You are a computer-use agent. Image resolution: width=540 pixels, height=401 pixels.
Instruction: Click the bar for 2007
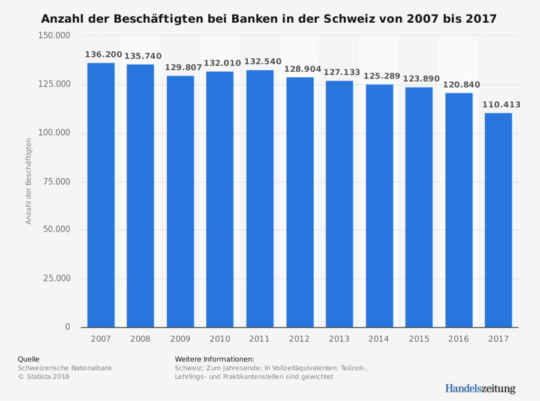100,195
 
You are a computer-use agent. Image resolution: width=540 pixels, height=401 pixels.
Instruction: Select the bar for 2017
499,220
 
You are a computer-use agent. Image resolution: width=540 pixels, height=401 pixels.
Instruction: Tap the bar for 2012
299,202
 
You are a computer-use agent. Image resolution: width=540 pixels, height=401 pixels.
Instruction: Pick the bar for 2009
180,201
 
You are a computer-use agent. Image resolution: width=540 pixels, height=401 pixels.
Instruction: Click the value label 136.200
103,55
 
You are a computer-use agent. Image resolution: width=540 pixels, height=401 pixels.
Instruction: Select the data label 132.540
260,62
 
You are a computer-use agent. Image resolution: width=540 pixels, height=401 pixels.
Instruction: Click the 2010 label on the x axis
220,339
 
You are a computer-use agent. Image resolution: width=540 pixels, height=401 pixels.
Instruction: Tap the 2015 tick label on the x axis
419,339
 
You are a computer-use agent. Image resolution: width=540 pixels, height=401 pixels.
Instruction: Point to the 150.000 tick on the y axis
54,35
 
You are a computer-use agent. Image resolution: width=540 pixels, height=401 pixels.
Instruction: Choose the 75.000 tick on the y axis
56,182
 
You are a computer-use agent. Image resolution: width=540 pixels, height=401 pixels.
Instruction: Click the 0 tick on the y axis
67,327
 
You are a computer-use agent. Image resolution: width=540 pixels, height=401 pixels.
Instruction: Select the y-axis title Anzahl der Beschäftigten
28,181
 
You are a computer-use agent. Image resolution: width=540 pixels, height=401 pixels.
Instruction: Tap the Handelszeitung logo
480,388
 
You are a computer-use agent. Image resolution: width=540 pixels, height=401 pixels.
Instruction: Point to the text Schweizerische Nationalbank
65,367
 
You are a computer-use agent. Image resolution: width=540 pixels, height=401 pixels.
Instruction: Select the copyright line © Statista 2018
44,376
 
